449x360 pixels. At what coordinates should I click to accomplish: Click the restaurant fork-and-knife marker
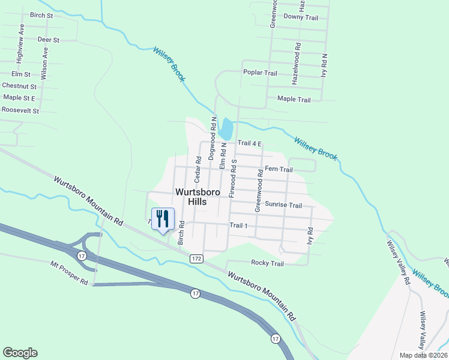click(x=162, y=219)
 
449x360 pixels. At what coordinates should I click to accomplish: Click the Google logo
click(x=20, y=353)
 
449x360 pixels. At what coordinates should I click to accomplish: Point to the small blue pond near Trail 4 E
click(x=226, y=128)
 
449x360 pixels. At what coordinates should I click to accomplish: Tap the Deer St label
click(x=48, y=40)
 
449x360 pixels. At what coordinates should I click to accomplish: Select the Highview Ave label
click(x=20, y=44)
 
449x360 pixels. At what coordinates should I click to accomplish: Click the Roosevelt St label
click(x=20, y=110)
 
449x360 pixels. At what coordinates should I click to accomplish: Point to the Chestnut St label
click(x=19, y=86)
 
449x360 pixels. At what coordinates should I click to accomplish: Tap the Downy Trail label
click(x=300, y=17)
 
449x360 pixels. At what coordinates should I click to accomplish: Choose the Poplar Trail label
click(x=260, y=73)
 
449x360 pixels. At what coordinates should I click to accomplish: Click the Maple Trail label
click(x=294, y=100)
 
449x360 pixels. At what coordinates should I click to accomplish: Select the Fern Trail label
click(x=279, y=170)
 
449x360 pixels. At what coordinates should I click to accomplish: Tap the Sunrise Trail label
click(x=283, y=205)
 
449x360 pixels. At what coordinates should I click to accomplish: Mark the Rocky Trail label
click(x=267, y=263)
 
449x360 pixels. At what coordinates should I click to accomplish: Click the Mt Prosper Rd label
click(x=69, y=273)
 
